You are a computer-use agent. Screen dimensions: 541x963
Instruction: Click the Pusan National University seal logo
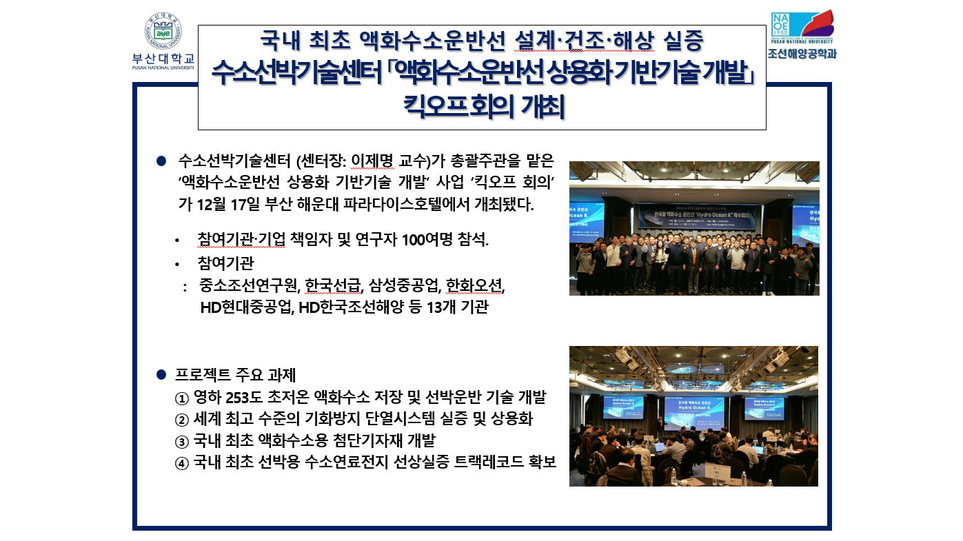point(163,31)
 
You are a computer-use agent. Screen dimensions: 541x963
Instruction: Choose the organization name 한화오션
point(475,285)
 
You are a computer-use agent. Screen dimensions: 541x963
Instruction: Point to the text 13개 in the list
point(441,307)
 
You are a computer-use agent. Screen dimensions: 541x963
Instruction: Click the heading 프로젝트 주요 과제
point(236,376)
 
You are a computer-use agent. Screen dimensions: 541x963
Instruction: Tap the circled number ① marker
point(181,398)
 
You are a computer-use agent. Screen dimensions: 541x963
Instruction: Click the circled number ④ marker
point(181,462)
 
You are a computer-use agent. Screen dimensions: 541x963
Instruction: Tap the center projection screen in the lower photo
point(694,407)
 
